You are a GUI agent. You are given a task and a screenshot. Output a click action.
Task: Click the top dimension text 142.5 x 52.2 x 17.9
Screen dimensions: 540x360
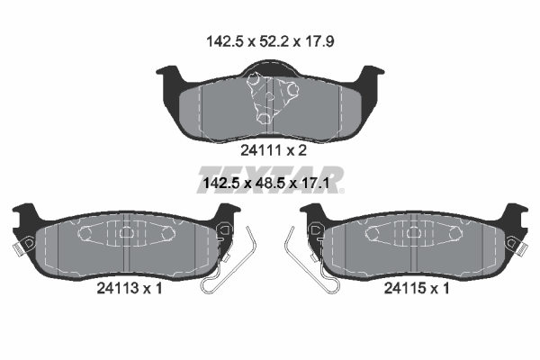(x=270, y=41)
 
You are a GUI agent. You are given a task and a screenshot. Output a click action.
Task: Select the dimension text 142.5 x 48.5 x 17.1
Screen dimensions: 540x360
(x=266, y=183)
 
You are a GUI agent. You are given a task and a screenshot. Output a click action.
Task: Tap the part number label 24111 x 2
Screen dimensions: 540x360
(x=274, y=150)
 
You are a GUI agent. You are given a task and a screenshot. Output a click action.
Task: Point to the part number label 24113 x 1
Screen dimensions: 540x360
(x=129, y=288)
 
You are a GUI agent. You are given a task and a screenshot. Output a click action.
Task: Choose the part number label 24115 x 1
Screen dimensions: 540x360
(x=417, y=288)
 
